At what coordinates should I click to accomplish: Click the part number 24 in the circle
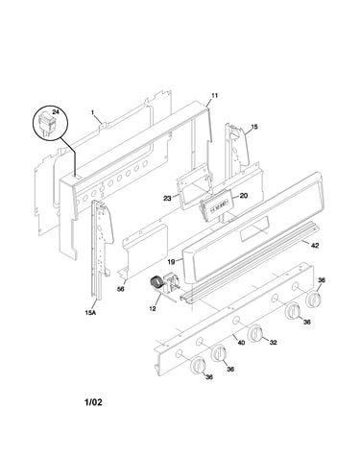click(x=56, y=112)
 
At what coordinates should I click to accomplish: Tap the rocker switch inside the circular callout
click(x=46, y=125)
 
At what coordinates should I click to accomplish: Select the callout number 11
click(x=214, y=95)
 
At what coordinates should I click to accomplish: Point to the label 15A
click(x=90, y=313)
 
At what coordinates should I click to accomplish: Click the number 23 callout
click(x=167, y=199)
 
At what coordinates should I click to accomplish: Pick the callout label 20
click(x=244, y=196)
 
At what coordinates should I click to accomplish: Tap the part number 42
click(x=315, y=246)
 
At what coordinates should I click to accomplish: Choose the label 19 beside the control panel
click(x=171, y=262)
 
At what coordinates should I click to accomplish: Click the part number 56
click(x=120, y=289)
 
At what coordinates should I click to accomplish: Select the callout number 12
click(x=153, y=309)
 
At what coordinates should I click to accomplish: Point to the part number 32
click(x=273, y=343)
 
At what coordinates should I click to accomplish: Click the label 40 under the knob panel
click(x=241, y=343)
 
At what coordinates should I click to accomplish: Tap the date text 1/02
click(x=93, y=402)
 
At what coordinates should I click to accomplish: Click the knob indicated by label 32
click(x=255, y=334)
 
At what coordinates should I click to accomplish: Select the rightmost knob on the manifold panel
click(x=314, y=300)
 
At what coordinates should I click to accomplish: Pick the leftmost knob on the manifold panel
click(x=199, y=365)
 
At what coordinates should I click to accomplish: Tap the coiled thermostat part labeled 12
click(x=156, y=282)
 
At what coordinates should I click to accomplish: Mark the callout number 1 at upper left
click(x=92, y=112)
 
